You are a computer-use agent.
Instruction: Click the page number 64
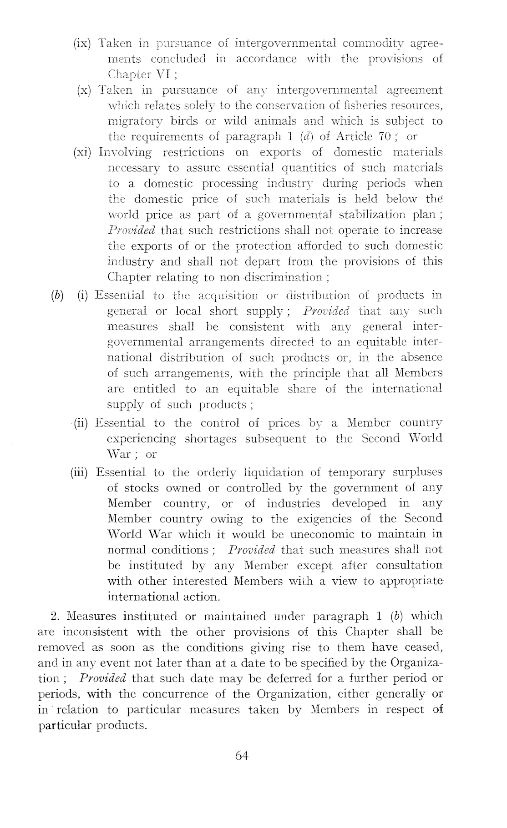point(241,756)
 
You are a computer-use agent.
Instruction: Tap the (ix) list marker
point(83,44)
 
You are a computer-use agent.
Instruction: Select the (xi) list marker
point(83,152)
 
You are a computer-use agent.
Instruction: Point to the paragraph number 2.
point(55,617)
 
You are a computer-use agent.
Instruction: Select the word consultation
point(409,566)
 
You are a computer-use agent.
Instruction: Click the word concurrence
point(182,694)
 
